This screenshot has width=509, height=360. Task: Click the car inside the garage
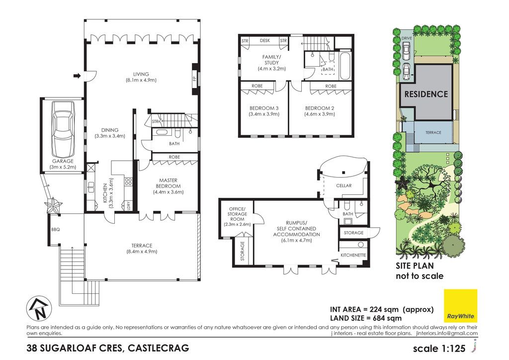tap(63, 134)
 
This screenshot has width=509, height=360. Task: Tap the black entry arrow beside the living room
tap(77, 76)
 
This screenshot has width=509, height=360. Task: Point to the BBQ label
tap(56, 230)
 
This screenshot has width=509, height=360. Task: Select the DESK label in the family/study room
tap(265, 41)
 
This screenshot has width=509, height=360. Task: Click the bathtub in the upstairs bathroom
tap(345, 67)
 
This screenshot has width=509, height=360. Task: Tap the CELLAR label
tap(344, 185)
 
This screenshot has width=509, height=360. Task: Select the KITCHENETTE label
tap(353, 255)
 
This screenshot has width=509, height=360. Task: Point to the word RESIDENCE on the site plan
tap(426, 94)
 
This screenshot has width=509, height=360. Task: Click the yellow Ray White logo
tap(460, 305)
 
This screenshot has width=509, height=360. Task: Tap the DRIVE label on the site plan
tap(407, 38)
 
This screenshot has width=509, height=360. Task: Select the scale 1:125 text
tap(439, 349)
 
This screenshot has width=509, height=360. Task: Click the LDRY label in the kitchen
tap(128, 205)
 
